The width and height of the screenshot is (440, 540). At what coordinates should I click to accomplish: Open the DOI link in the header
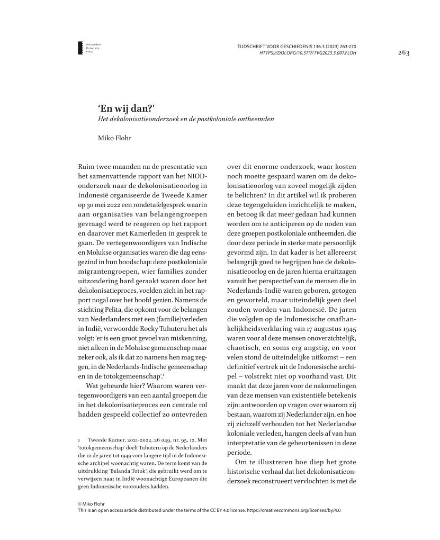[x=308, y=53]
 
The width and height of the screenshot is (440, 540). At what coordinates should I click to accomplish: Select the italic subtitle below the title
[x=183, y=119]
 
